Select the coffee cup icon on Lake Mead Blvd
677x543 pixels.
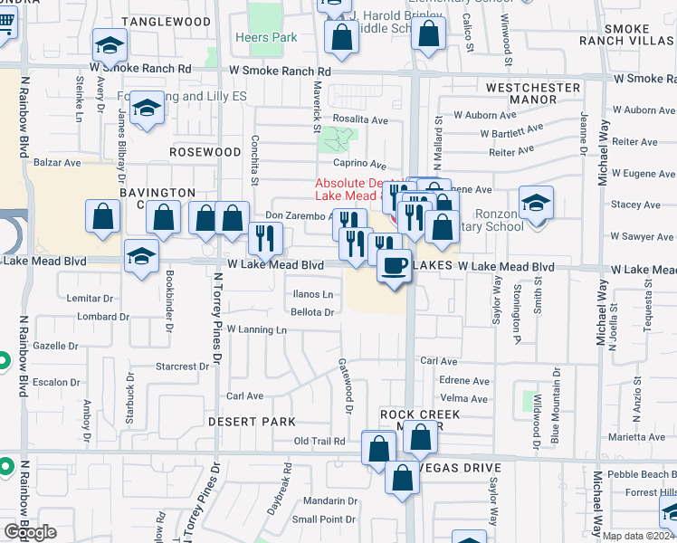click(393, 266)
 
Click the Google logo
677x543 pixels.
click(30, 532)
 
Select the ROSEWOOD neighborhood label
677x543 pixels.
click(205, 152)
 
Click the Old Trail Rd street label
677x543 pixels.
click(320, 442)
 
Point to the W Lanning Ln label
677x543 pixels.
click(256, 329)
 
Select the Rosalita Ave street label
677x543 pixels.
click(360, 119)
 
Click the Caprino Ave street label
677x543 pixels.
click(360, 164)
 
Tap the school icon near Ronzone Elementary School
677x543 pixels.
click(536, 205)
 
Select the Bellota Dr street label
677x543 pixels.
click(313, 312)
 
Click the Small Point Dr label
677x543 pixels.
click(324, 519)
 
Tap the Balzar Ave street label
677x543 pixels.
click(57, 163)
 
